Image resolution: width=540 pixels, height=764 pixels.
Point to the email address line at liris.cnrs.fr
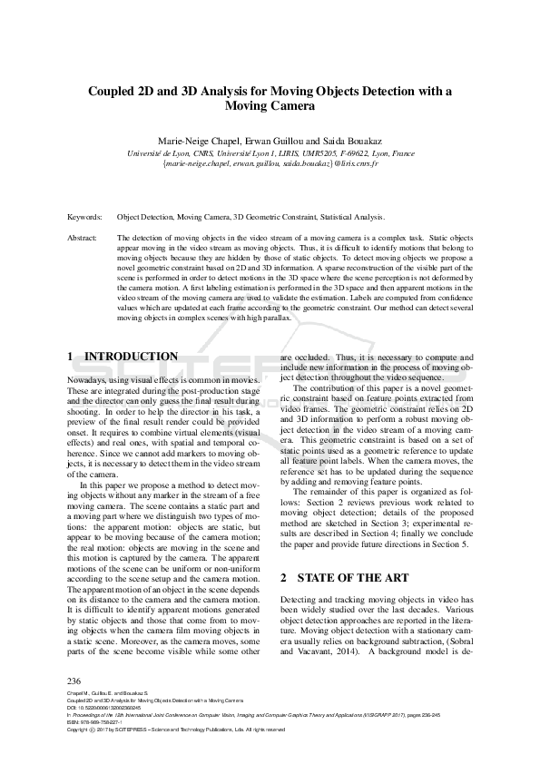point(270,164)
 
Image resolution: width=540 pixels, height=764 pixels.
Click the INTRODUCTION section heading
point(131,357)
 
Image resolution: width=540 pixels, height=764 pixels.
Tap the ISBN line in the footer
point(95,722)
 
